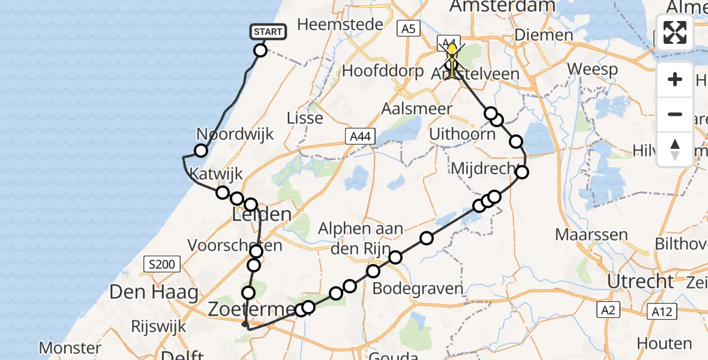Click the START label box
pos(267,32)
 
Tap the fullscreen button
pos(675,32)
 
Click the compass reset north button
pos(675,149)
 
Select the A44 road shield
pos(360,137)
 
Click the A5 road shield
pos(407,28)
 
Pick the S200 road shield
pos(160,263)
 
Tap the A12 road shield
pos(662,310)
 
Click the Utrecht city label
pos(640,281)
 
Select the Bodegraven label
pos(418,289)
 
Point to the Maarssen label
pos(592,234)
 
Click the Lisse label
pos(305,118)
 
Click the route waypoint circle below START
pos(260,50)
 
